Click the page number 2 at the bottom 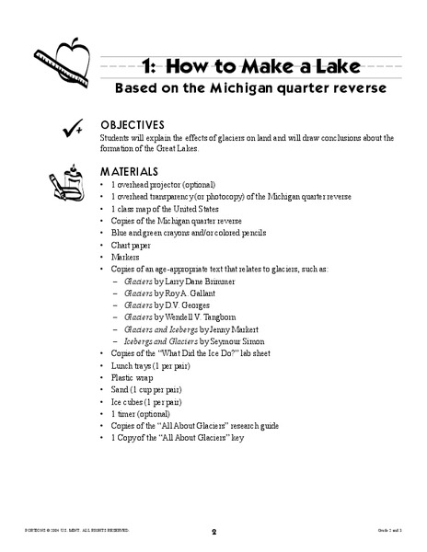coord(213,531)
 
